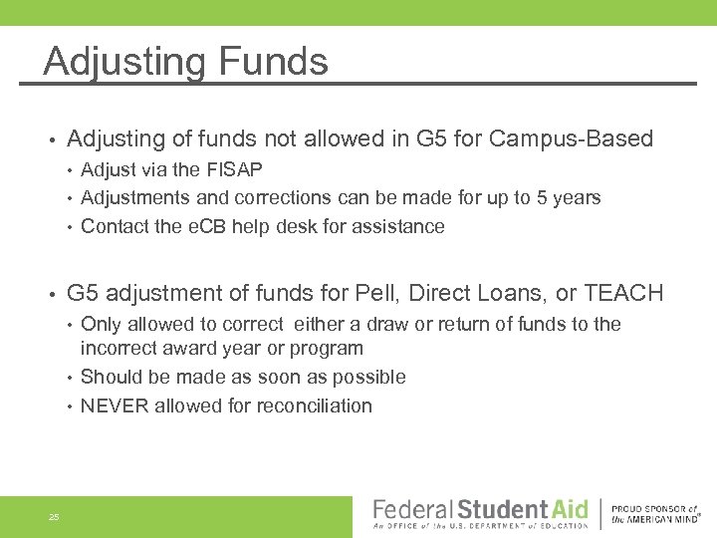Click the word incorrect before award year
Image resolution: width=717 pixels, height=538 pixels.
coord(122,349)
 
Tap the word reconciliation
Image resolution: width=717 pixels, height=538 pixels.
coord(315,405)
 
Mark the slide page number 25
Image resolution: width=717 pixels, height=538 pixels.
coord(54,517)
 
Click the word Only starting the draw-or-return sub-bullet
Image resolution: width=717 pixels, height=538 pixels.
coord(102,324)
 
